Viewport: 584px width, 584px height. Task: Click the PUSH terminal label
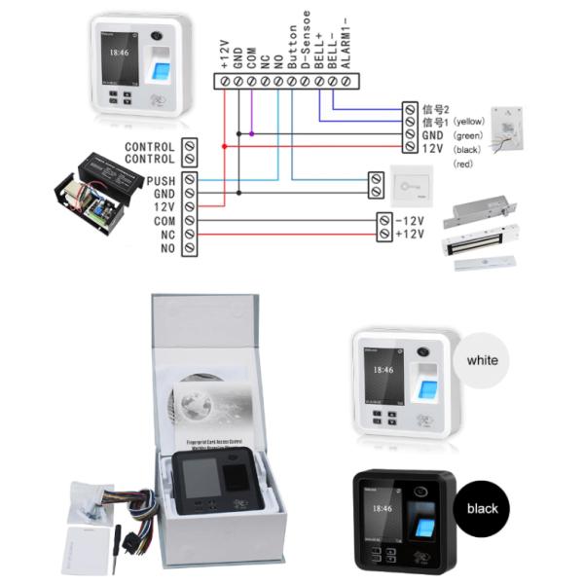coord(161,181)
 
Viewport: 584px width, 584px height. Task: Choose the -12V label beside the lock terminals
coord(408,221)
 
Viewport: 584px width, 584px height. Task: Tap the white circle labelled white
coord(482,360)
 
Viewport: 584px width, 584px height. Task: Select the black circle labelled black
coord(482,508)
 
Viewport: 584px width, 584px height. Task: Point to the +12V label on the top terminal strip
coord(225,50)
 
